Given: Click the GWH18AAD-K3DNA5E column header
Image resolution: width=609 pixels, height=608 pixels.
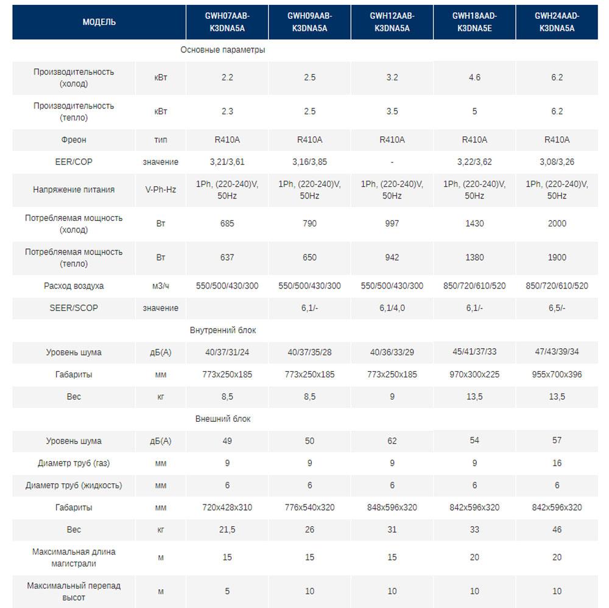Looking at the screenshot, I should tap(474, 22).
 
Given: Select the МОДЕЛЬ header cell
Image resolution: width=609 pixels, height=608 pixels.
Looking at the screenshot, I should tap(99, 22).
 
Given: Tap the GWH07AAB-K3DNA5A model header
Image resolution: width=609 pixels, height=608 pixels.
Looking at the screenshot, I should tap(227, 22).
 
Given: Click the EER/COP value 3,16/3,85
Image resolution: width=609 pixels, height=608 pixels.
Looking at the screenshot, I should tap(309, 162).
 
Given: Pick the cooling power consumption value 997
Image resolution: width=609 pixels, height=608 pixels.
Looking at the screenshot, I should tap(392, 223).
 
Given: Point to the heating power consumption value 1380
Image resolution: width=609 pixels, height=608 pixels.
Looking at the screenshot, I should tap(474, 257).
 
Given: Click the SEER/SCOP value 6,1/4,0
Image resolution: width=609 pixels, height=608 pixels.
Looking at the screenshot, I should tap(392, 308).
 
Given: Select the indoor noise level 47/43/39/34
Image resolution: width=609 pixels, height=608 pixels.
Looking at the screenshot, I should tap(557, 352).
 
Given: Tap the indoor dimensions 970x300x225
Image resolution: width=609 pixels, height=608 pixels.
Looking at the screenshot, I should tap(474, 374).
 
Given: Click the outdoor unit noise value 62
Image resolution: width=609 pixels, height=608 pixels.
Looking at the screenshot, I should tap(392, 441).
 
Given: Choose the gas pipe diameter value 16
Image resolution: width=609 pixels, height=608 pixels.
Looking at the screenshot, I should tap(557, 463).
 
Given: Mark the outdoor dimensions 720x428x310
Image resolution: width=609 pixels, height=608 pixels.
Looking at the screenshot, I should tap(227, 507).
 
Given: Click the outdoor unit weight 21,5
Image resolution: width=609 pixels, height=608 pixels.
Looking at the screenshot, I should tap(227, 529).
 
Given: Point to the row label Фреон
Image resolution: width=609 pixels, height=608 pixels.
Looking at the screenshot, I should tap(74, 140).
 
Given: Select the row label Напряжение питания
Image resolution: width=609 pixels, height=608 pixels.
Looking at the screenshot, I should tap(74, 189).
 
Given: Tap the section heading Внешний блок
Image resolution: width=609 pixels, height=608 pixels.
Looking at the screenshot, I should tap(222, 419).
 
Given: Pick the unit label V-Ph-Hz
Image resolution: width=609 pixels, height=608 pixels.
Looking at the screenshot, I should tap(161, 189).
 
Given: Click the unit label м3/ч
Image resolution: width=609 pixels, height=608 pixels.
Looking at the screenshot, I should tap(161, 285).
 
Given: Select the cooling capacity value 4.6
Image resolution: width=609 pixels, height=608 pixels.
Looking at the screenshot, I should tap(474, 77).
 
